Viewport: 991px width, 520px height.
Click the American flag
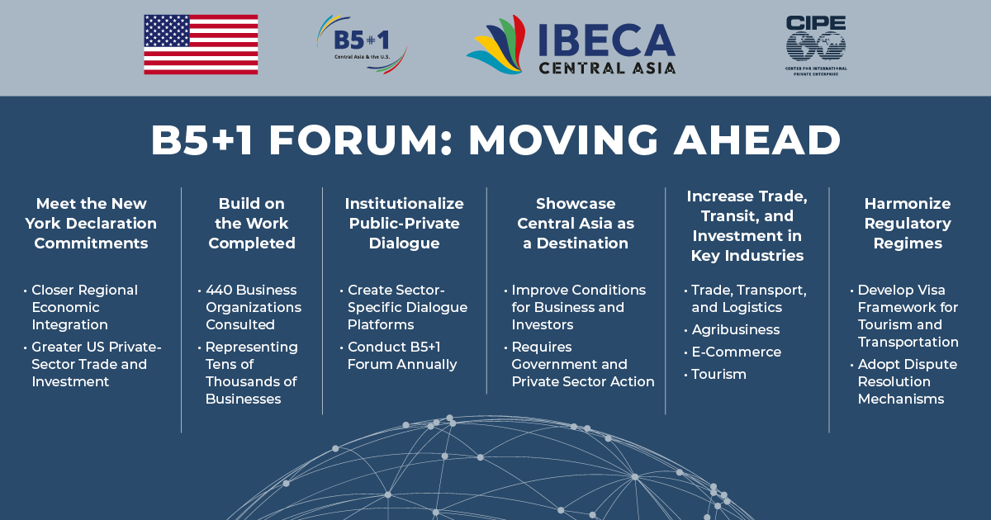coord(201,45)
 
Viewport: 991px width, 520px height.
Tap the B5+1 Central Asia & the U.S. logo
coord(362,45)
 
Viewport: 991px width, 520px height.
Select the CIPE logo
coord(816,45)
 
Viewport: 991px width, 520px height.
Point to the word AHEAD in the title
coord(756,140)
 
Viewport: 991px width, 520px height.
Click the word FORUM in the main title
coord(354,140)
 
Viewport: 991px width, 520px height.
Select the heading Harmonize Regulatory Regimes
coord(908,224)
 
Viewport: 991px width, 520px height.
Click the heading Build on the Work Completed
coord(252,224)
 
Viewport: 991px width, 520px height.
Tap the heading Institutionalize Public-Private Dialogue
coord(405,224)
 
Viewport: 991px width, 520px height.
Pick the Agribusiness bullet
coord(735,330)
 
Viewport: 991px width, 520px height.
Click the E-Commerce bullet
coord(736,352)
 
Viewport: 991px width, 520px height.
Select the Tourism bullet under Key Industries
coord(718,375)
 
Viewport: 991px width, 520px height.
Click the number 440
coord(219,290)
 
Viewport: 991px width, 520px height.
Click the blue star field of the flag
coord(167,31)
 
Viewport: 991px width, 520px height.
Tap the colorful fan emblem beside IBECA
coord(496,45)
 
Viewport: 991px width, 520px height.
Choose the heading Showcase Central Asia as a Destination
coord(576,224)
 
